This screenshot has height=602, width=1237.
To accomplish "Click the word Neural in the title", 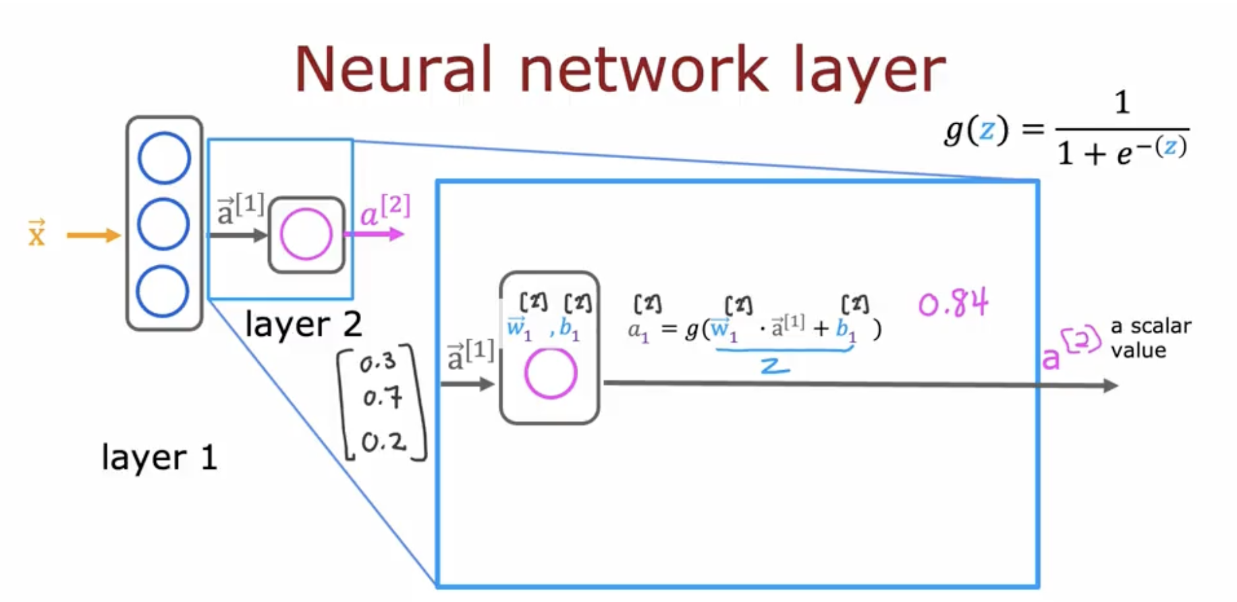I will [393, 69].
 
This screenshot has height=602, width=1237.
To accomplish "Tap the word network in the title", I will [644, 69].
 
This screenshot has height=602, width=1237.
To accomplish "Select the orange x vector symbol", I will [37, 234].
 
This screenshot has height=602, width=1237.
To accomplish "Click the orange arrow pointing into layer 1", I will [94, 235].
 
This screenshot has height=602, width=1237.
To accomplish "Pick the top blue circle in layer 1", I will [164, 158].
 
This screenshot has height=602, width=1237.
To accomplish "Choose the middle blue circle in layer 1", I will [163, 225].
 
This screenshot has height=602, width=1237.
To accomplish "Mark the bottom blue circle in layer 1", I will [163, 291].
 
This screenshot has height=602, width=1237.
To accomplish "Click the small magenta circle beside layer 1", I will [306, 234].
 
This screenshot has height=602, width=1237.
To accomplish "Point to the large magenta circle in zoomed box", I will [551, 373].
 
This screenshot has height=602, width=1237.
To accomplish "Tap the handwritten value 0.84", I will [953, 304].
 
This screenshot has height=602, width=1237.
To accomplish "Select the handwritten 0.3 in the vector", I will [377, 362].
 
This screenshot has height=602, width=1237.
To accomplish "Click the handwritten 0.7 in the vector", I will [381, 397].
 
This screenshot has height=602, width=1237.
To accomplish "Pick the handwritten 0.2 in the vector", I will [383, 442].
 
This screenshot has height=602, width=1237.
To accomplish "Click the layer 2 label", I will [303, 324].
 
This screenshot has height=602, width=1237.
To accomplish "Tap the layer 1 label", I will [159, 457].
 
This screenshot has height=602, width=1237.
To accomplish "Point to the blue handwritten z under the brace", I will [775, 368].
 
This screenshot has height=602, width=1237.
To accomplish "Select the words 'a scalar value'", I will [1150, 338].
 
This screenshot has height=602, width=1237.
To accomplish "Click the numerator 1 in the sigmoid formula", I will [1122, 103].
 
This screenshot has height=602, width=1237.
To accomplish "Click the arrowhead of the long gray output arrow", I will [1111, 385].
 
